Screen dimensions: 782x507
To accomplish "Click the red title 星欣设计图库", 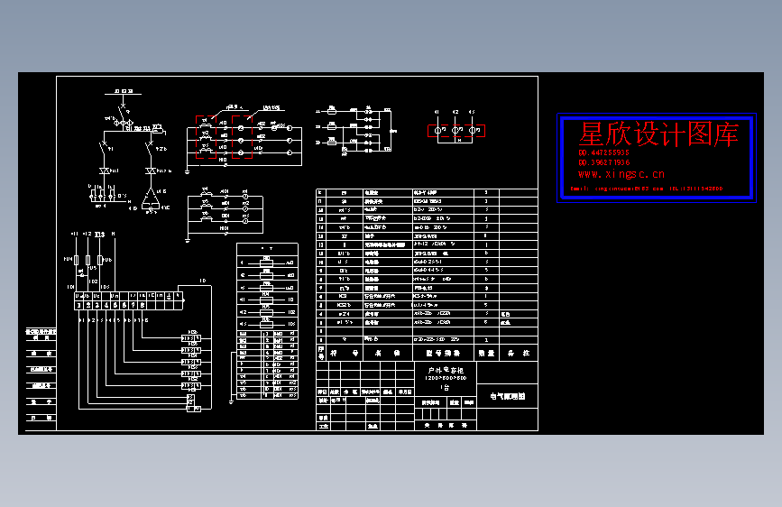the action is point(658,135).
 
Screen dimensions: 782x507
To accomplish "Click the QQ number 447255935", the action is point(604,153).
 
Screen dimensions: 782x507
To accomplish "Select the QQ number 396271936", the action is point(604,162).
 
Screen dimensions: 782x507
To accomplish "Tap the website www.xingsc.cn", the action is point(621,174).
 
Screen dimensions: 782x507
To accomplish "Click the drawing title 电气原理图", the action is point(507,395).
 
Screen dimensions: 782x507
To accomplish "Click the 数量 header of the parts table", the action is point(487,354).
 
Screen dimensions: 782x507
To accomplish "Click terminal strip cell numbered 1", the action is point(80,305).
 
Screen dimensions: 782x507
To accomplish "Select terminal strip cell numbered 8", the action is point(143,305).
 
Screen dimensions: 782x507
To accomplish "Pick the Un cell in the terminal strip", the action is point(115,295).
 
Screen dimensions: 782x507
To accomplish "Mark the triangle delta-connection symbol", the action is point(151,198).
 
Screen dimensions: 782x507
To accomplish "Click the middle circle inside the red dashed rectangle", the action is point(455,131).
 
